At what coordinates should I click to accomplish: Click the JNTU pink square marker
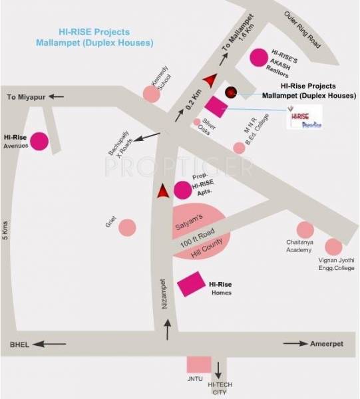tap(198, 364)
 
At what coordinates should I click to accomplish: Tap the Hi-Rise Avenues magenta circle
tap(39, 141)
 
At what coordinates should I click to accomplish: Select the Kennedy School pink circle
tap(152, 94)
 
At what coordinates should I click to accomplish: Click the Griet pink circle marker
tap(127, 227)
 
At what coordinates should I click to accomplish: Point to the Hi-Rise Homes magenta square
tap(192, 285)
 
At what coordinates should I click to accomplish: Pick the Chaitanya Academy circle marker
tap(305, 229)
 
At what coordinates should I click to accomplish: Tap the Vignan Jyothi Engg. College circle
tap(333, 247)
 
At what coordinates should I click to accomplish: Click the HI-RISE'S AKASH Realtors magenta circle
tap(258, 57)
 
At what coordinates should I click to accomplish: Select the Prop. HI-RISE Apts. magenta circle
tap(182, 190)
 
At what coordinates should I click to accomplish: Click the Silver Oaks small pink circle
tap(197, 122)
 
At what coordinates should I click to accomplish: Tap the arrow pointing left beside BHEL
tap(49, 344)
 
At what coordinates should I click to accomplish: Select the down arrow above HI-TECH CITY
tap(218, 367)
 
